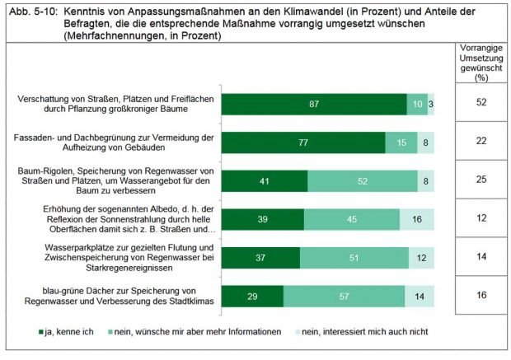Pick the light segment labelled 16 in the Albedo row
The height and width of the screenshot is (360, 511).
coord(416,218)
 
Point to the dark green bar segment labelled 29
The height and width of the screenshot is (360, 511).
coord(253,297)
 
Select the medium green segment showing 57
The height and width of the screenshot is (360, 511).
coord(344,297)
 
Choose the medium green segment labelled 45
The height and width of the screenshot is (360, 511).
coord(352,218)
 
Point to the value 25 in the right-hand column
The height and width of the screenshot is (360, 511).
coord(481,180)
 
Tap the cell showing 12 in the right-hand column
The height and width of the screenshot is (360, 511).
coord(481,218)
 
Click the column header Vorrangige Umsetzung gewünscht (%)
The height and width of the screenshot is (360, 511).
coord(481,63)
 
